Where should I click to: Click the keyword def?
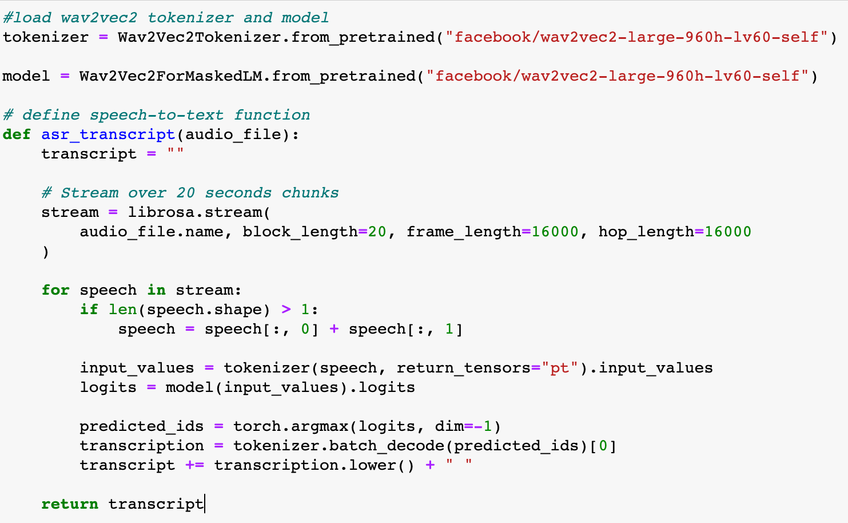pos(17,134)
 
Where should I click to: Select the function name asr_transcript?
pos(108,134)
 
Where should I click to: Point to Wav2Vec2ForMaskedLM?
pos(170,76)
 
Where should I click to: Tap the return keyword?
pos(70,504)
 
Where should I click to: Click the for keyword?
pos(55,290)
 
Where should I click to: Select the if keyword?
pos(89,310)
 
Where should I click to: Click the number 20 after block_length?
pos(377,232)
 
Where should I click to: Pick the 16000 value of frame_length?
pos(555,232)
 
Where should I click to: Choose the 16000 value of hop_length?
pos(727,232)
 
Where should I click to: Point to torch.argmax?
pos(290,426)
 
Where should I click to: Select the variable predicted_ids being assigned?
pos(141,426)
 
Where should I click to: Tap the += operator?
pos(194,465)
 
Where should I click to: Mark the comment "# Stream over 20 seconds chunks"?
pos(190,193)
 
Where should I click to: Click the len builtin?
pos(122,310)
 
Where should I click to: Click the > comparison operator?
pos(286,310)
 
